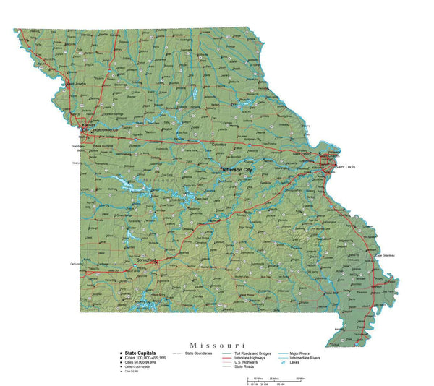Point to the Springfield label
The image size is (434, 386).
pos(147,259)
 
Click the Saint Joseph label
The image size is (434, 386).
pos(77,83)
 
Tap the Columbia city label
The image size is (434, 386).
pos(219,145)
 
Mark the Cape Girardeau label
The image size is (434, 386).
pos(387,257)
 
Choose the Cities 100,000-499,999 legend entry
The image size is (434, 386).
pos(145,358)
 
